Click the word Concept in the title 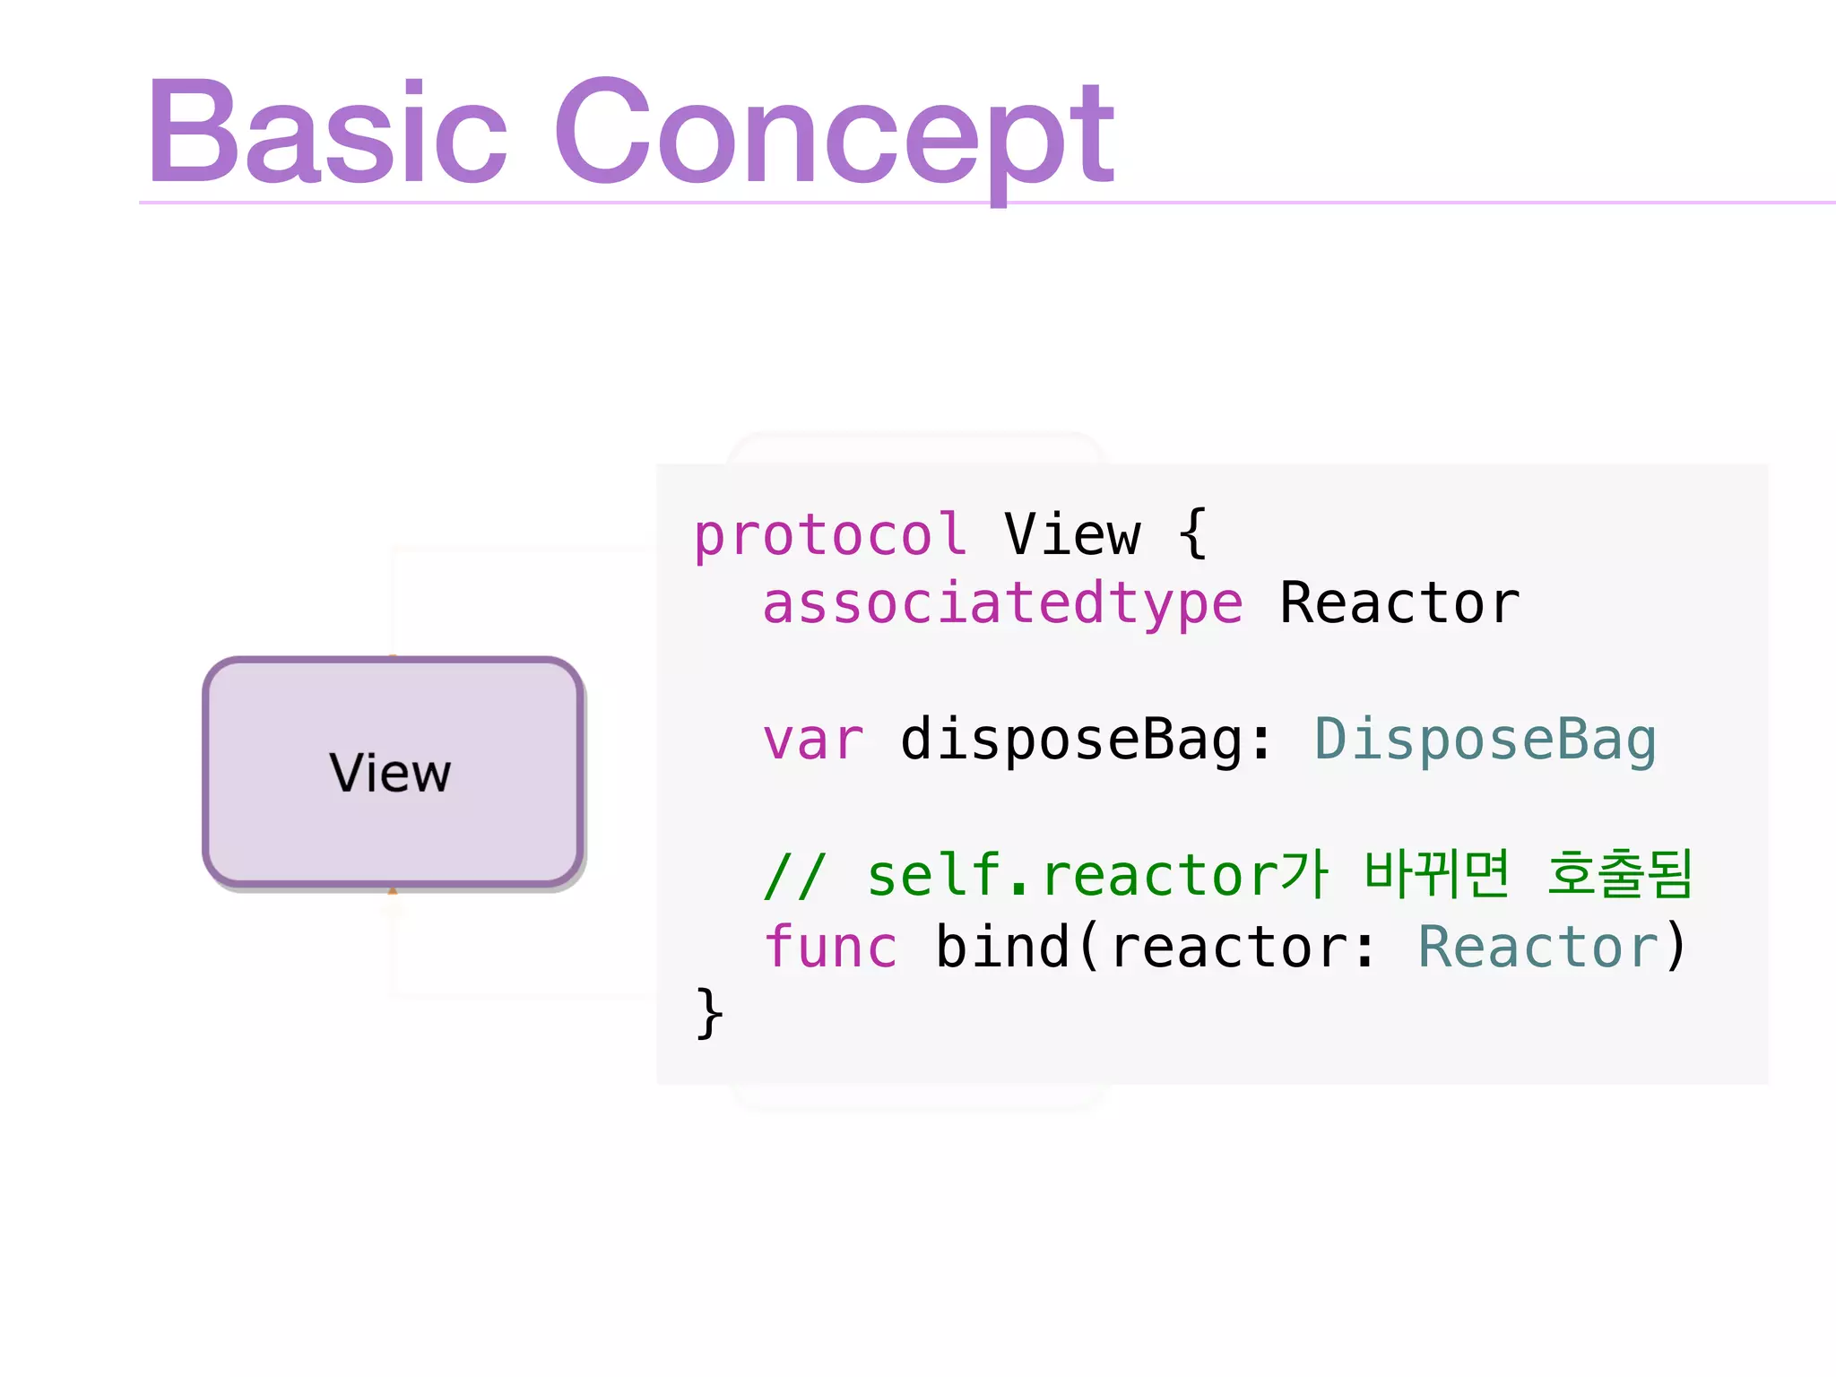point(834,134)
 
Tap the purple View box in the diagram point(393,772)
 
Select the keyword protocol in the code point(829,536)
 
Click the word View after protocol point(1072,535)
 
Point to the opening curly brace point(1192,534)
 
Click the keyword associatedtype point(1002,603)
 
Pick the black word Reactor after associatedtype point(1399,603)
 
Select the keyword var point(813,740)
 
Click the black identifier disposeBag point(1071,740)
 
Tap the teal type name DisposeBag point(1485,740)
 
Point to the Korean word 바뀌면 point(1436,874)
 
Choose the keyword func point(830,947)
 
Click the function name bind point(1002,947)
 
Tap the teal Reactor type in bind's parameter point(1537,947)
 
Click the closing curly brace point(709,1014)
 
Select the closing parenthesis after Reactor point(1676,947)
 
